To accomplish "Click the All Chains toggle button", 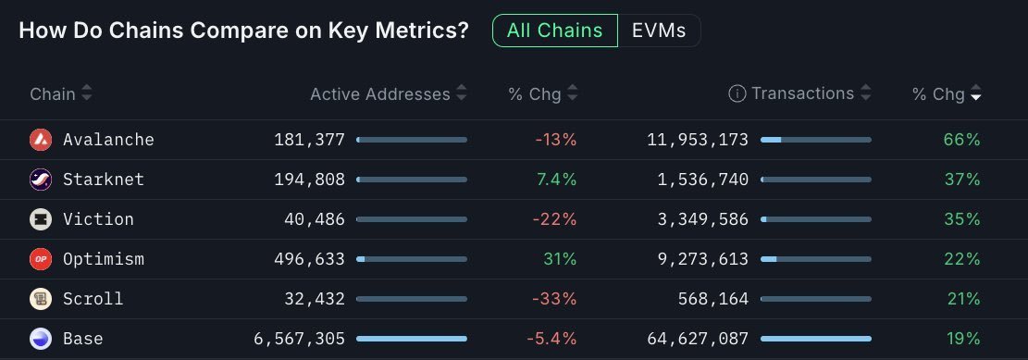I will pos(554,31).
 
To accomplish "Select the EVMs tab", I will pos(659,31).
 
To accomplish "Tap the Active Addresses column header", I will pos(380,93).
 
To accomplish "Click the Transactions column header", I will pos(802,93).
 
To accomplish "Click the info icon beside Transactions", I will pos(737,93).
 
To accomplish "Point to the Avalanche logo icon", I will pos(41,140).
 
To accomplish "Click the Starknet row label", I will pos(104,180).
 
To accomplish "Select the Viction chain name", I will pos(98,219).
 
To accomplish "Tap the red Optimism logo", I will pos(41,259).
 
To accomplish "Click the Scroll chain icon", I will pos(41,299).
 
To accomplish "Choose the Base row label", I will pos(83,339).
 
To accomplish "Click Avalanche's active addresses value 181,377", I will pos(309,140).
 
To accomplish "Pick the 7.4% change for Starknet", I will pos(555,180).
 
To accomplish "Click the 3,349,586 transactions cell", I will pos(700,219).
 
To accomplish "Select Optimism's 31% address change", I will pos(560,259).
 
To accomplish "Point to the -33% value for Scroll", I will pos(555,299).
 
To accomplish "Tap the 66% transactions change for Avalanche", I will pos(961,140).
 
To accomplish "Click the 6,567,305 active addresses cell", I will pos(299,339).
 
